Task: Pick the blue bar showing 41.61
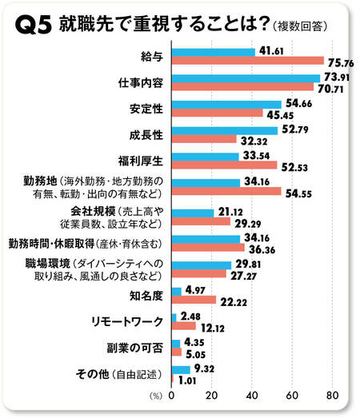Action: coord(213,52)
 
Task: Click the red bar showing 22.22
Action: coord(194,300)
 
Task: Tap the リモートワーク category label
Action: coord(127,321)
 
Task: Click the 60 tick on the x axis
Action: coord(293,396)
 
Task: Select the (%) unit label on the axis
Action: coord(155,396)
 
